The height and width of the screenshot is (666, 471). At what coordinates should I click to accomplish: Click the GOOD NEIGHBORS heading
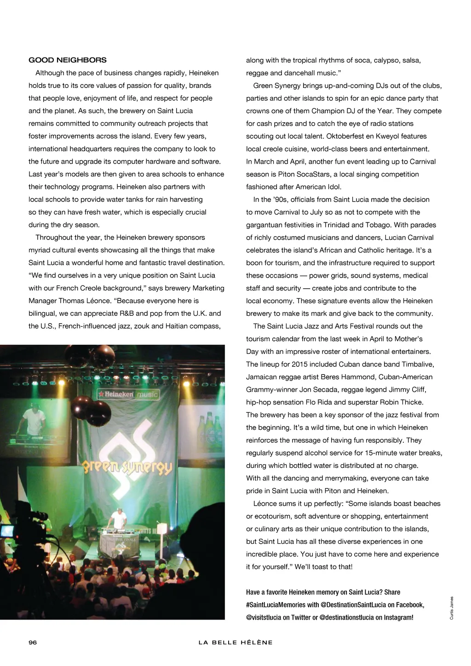(x=67, y=60)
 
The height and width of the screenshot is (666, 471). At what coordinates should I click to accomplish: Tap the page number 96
(x=33, y=642)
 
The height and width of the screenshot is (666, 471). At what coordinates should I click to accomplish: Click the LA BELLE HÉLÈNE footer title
(x=235, y=642)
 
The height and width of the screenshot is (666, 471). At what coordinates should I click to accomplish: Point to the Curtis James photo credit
(x=452, y=608)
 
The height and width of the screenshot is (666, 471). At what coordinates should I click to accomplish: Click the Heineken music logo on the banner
(x=127, y=394)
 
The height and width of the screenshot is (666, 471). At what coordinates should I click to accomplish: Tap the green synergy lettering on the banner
(x=127, y=467)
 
